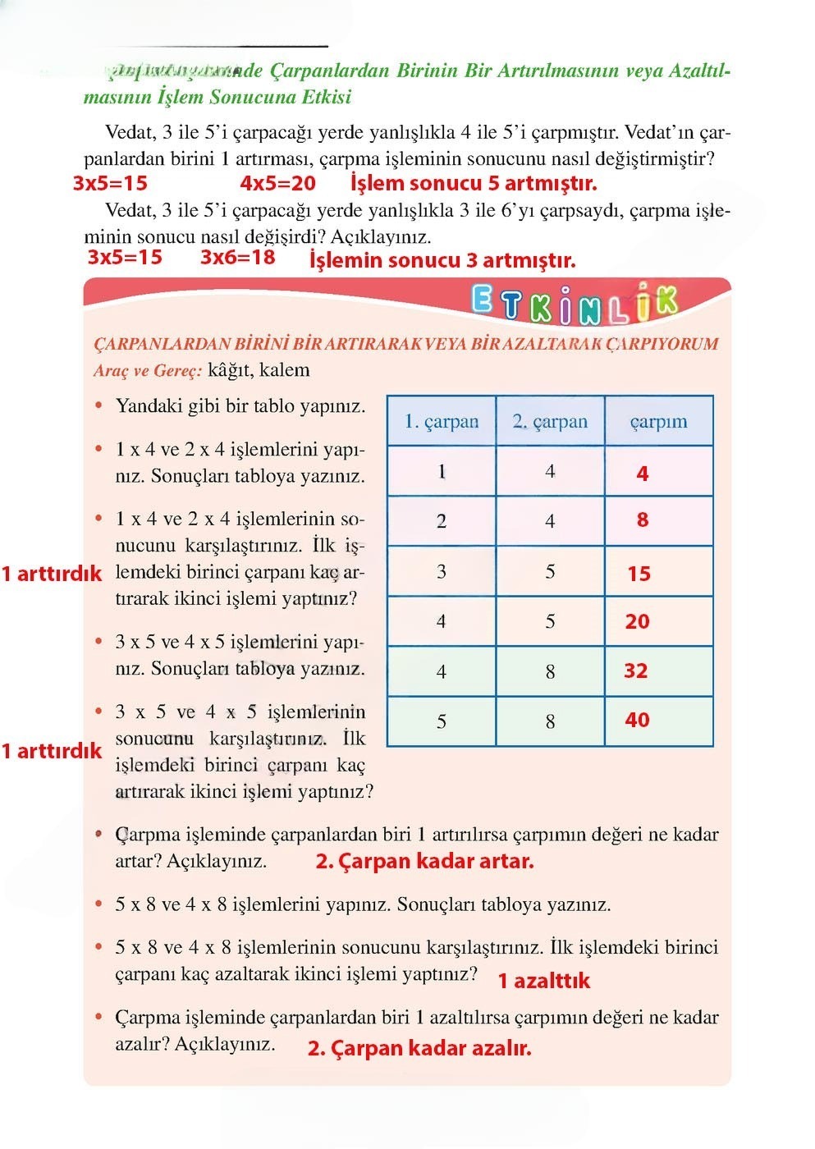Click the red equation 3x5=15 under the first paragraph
click(x=110, y=183)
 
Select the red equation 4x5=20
click(x=277, y=183)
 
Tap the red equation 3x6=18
click(x=237, y=258)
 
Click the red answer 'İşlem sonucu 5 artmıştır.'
click(x=473, y=183)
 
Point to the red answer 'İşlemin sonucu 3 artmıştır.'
click(x=442, y=261)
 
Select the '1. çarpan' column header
click(x=442, y=422)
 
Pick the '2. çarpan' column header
click(x=550, y=422)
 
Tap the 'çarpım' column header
click(x=658, y=422)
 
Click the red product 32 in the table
click(x=636, y=671)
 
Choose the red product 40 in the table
click(x=637, y=721)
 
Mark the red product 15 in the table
click(x=639, y=574)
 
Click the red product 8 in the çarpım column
click(x=642, y=520)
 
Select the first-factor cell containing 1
click(x=442, y=472)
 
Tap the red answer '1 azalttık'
click(x=543, y=981)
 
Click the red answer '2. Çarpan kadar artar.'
click(x=424, y=862)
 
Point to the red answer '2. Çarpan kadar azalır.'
click(x=419, y=1048)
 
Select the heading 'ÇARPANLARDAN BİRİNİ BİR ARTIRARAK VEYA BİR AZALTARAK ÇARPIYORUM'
click(x=406, y=344)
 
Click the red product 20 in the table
click(x=637, y=622)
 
